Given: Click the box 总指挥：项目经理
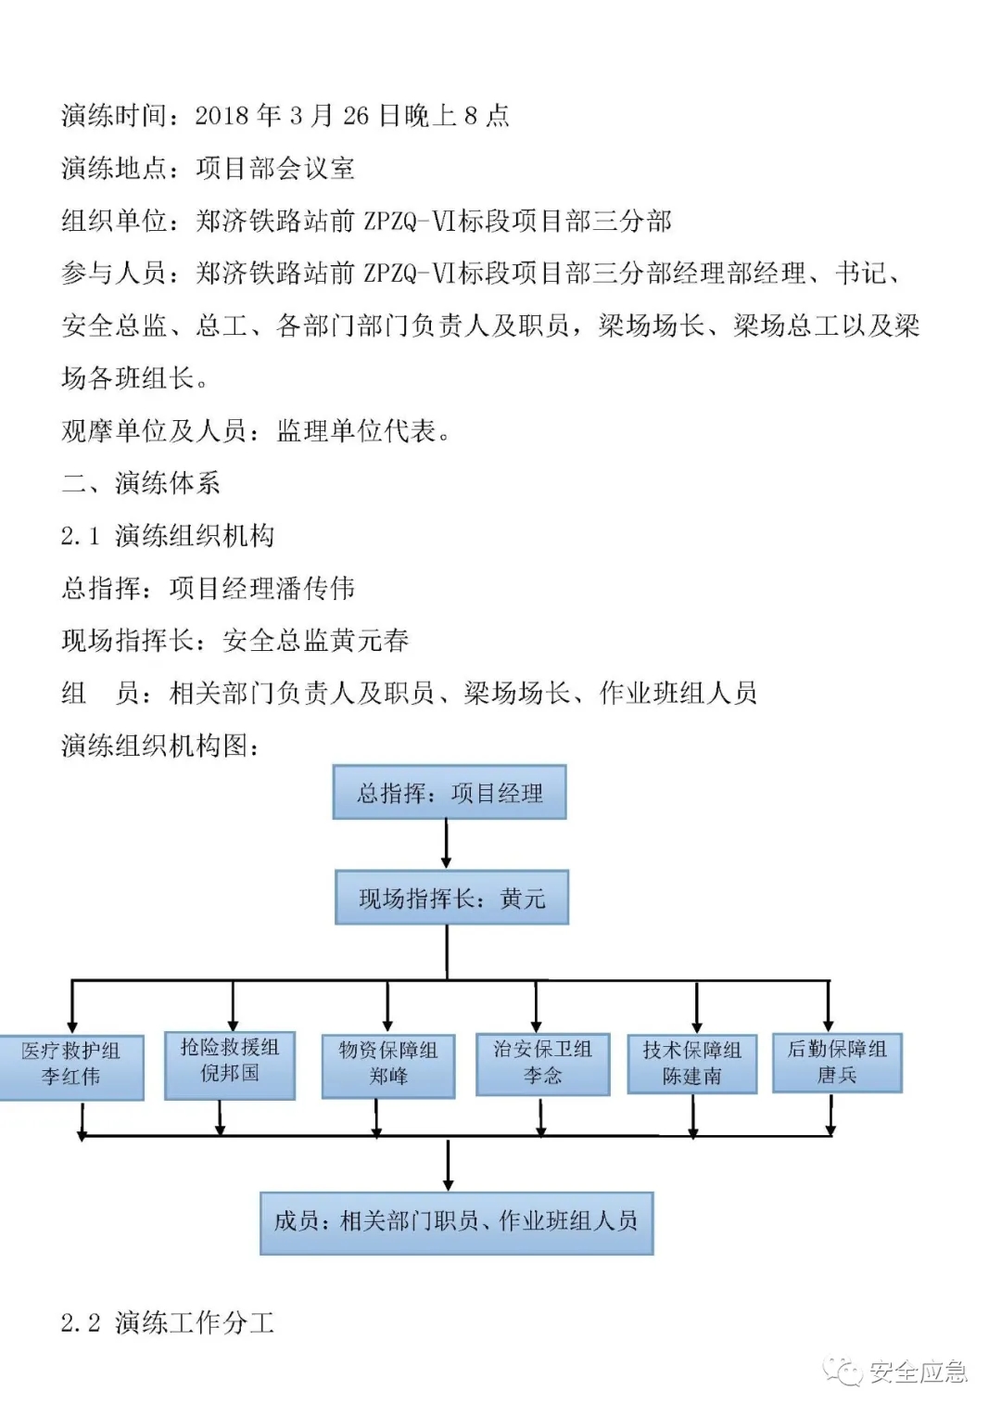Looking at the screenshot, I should coord(450,793).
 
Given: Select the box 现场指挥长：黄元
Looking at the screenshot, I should coord(451,898).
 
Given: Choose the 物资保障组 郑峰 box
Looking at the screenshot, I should coord(388,1064).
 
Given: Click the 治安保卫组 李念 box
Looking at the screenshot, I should coord(542,1063).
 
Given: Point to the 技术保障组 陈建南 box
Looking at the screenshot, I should coord(692,1064).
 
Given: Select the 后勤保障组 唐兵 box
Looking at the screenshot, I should coord(837,1063).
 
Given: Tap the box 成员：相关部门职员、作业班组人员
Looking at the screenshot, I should coord(456,1222).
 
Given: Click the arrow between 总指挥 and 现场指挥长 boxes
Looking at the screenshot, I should coord(447,844).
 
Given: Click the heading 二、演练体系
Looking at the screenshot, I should coord(141,483).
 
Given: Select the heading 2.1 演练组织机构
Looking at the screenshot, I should coord(168,536).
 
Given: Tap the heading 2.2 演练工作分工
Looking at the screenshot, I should coord(168,1323).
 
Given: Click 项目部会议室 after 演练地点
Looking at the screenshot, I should coord(275,169).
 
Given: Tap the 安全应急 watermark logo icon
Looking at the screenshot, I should coord(845,1371).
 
